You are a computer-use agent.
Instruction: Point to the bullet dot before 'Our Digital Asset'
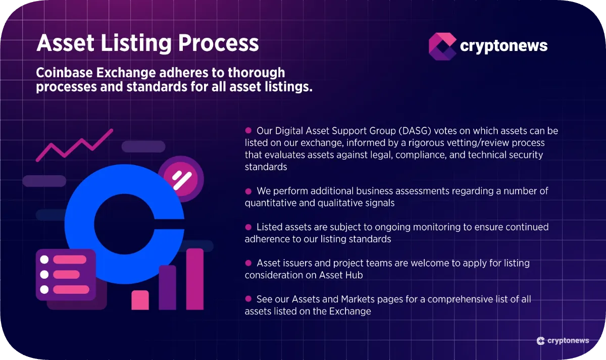(x=248, y=130)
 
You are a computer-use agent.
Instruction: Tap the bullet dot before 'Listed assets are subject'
(x=248, y=227)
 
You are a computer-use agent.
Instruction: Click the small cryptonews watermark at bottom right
(x=563, y=341)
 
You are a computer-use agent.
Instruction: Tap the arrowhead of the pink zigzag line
(x=108, y=132)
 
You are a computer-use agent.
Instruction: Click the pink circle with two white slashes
(x=180, y=178)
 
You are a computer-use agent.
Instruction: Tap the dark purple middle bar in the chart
(x=167, y=287)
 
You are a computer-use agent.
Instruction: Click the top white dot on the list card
(x=44, y=260)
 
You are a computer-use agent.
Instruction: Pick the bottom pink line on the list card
(x=71, y=289)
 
